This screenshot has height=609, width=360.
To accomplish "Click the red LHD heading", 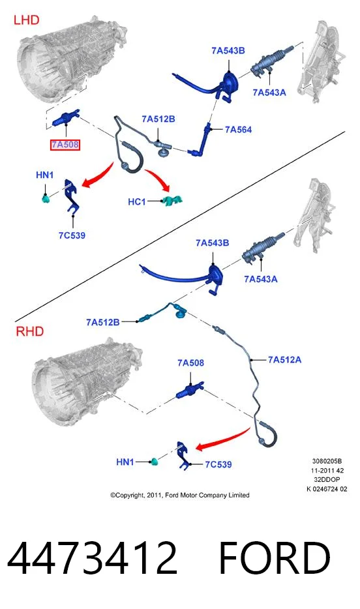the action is click(26, 20).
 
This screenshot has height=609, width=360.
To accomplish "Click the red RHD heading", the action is click(29, 331).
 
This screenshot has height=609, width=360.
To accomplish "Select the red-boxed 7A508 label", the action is click(65, 145).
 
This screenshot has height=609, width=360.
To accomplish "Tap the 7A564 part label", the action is click(239, 129).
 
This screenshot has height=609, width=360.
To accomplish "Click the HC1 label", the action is click(137, 201).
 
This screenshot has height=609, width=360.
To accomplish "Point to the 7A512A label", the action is click(284, 360).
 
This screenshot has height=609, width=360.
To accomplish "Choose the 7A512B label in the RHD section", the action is click(102, 322).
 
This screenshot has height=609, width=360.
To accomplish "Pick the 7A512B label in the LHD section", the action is click(158, 119).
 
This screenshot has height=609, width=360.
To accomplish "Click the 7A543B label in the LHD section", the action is click(228, 50).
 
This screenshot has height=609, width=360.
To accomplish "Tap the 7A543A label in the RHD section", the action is click(261, 279).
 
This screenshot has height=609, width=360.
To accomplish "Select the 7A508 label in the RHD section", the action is click(190, 363).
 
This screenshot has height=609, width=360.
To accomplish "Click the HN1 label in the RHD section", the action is click(125, 462).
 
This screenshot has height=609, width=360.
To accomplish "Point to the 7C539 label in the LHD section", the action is click(72, 235).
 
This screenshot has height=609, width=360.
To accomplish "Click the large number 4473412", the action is click(92, 558).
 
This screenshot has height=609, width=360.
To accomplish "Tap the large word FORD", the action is click(275, 558).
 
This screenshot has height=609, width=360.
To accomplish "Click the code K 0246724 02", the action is click(327, 489).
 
